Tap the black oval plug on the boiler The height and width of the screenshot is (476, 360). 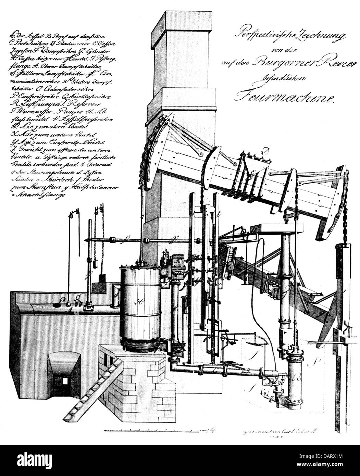coord(57,304)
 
